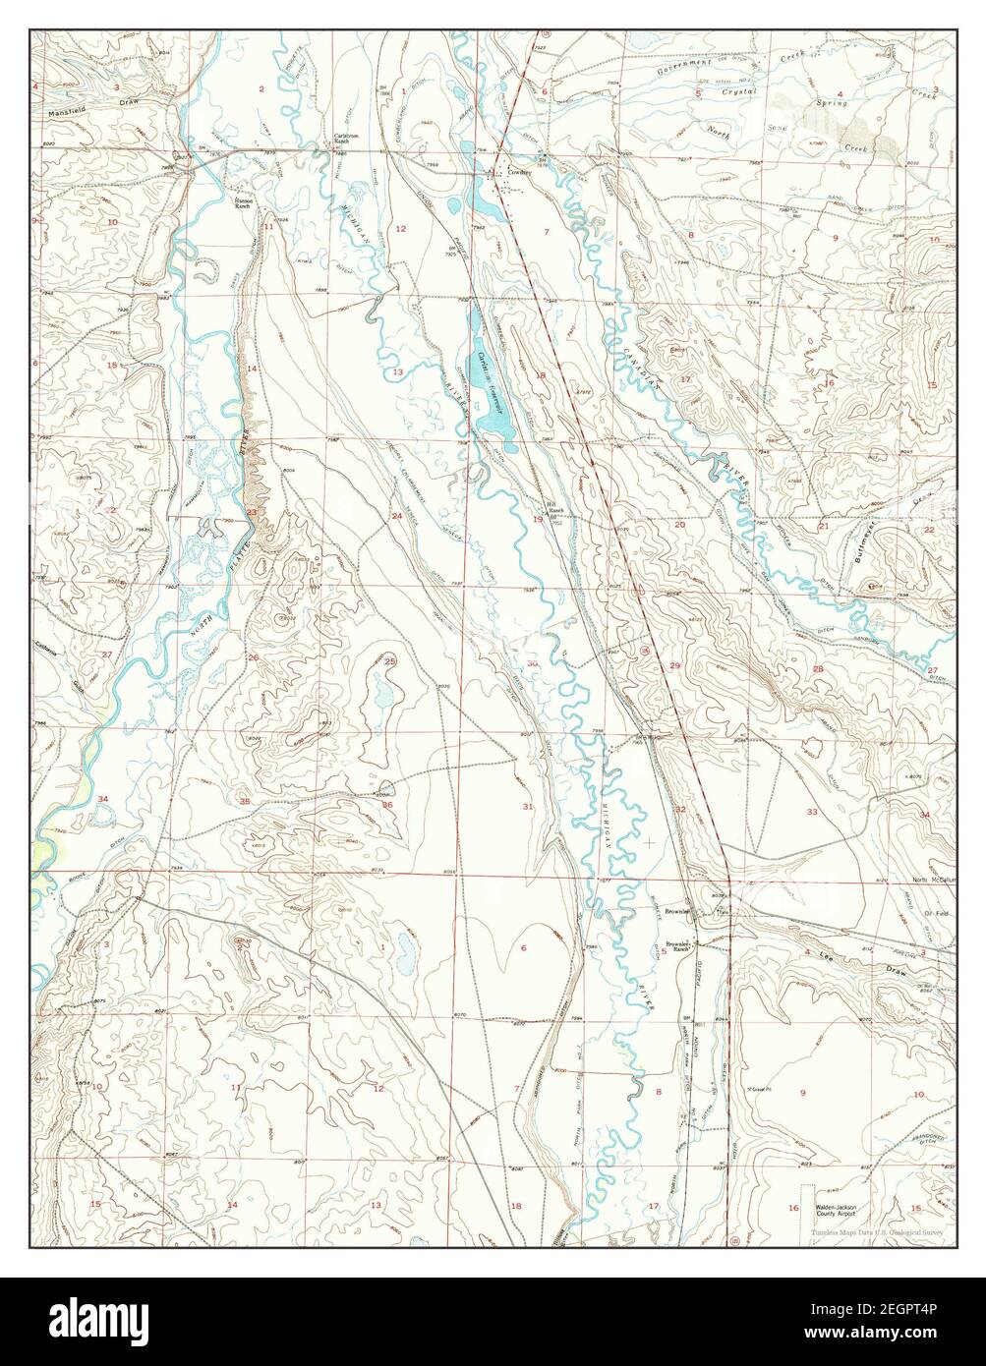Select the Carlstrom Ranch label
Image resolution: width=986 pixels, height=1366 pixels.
coord(342,139)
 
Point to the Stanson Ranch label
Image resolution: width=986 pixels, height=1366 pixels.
coord(243,203)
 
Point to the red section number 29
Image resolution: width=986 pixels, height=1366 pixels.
coord(674,666)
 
